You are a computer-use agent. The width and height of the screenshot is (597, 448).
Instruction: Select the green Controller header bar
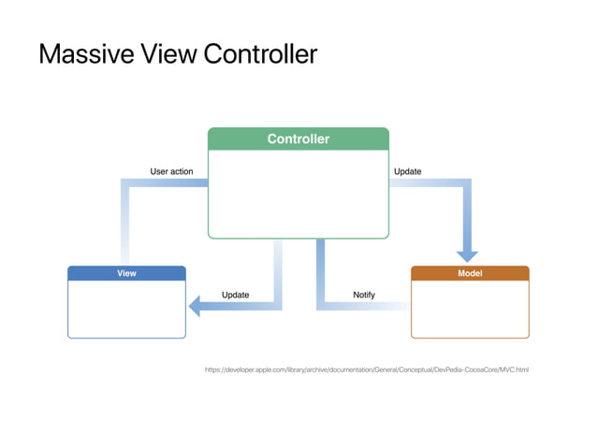[298, 139]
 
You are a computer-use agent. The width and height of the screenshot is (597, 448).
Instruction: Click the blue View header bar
[126, 274]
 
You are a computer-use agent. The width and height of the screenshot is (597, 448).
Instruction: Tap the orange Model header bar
[470, 274]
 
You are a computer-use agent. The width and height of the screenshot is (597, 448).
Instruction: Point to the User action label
[172, 171]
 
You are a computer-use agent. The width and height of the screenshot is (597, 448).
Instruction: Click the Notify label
[364, 295]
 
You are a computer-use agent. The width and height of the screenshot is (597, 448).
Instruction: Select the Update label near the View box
[235, 295]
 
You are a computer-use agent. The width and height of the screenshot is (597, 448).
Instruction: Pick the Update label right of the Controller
[407, 171]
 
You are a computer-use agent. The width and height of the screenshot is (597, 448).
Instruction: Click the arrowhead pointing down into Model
[466, 253]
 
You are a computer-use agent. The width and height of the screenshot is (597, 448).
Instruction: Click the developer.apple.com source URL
[367, 370]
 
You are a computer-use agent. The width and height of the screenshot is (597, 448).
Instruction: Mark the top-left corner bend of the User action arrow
[124, 183]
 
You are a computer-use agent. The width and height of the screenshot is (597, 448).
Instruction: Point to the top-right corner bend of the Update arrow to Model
[466, 183]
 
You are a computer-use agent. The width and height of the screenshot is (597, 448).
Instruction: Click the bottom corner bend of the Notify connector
[321, 305]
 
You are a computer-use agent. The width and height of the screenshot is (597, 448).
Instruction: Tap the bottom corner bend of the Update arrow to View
[277, 305]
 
